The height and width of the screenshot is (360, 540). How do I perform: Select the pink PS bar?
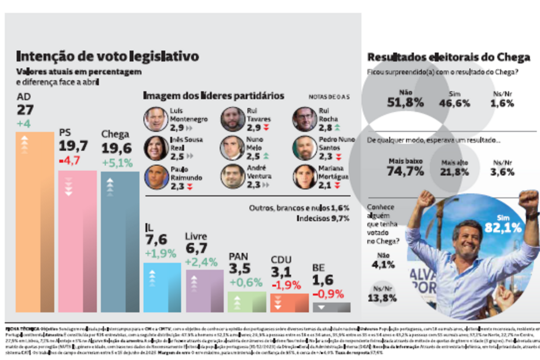[x=77, y=241]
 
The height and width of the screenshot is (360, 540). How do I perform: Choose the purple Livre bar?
[x=204, y=290]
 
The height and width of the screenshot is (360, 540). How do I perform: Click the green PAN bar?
[x=246, y=301]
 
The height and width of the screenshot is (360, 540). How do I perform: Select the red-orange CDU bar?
[x=289, y=302]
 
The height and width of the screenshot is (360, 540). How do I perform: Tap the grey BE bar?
[x=331, y=307]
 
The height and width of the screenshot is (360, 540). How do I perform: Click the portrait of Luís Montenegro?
[x=155, y=119]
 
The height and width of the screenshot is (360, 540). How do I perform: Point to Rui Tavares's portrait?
[x=232, y=119]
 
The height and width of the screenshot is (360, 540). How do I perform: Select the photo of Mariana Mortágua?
[x=304, y=176]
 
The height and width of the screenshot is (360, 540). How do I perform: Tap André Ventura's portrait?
[x=232, y=176]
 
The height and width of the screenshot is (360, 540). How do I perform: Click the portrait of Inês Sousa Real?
[x=155, y=148]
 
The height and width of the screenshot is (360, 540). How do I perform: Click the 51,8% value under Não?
[x=405, y=102]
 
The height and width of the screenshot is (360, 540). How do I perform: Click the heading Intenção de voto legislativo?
[x=108, y=56]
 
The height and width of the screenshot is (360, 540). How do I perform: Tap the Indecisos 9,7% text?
[x=323, y=219]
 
